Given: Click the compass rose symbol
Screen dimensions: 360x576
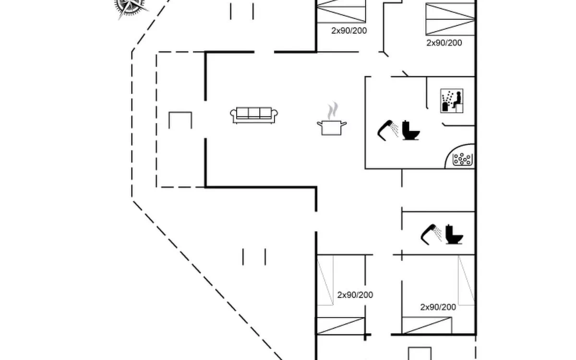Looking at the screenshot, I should click(x=130, y=7).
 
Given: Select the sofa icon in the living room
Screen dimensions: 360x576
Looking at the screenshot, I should click(x=254, y=115).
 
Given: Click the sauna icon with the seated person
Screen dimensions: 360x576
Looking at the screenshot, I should click(x=452, y=101).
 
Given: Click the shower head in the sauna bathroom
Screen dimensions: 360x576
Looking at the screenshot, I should click(x=388, y=129).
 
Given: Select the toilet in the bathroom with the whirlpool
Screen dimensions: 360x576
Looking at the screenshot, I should click(x=410, y=130).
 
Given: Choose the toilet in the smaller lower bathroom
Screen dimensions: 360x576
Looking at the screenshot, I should click(x=454, y=234).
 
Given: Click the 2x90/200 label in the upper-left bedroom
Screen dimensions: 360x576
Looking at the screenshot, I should click(x=349, y=30).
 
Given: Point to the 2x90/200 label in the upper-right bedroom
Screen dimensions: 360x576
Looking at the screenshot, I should click(x=444, y=43).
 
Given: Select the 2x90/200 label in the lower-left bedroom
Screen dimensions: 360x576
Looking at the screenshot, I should click(x=355, y=295).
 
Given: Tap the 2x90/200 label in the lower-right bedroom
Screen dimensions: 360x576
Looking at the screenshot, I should click(x=438, y=307).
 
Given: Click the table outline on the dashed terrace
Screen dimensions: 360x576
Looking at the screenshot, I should click(x=180, y=120).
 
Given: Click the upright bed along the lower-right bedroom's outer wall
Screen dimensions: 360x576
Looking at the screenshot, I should click(x=466, y=280).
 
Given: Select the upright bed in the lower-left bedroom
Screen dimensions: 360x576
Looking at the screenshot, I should click(x=325, y=280).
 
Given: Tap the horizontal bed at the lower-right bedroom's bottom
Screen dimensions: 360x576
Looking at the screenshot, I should click(x=427, y=325).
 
